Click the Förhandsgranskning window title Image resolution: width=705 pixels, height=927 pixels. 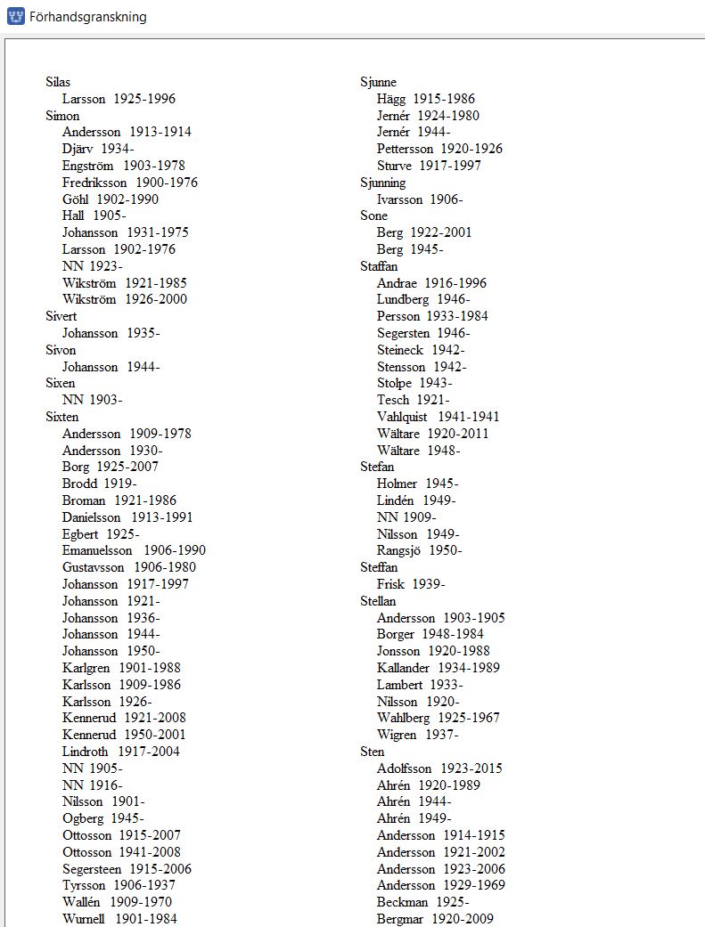[87, 17]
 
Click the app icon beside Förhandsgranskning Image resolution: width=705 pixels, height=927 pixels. [15, 17]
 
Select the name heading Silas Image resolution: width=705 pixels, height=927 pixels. [58, 82]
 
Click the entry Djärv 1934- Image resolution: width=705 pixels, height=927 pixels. [98, 149]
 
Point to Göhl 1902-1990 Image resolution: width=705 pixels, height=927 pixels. [111, 199]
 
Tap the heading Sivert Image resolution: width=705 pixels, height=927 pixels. [61, 316]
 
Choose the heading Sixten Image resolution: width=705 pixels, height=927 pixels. [62, 417]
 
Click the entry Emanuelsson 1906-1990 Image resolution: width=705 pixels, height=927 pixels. [134, 550]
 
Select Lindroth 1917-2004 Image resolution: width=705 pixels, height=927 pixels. [120, 752]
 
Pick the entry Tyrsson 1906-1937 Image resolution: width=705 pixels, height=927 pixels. [119, 885]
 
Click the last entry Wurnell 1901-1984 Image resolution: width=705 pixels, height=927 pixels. [119, 919]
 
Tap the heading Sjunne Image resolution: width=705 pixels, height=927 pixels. [378, 82]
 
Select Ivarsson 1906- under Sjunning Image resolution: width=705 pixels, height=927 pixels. [420, 199]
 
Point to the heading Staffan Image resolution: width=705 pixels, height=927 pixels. [379, 266]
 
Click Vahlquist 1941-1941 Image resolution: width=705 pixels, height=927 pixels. [438, 417]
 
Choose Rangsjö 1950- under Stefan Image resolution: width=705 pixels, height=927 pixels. [419, 550]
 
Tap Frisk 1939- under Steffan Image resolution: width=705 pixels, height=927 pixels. [411, 584]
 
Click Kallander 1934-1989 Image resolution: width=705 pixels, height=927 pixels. [438, 668]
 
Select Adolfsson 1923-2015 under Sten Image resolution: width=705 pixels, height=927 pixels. [439, 768]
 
